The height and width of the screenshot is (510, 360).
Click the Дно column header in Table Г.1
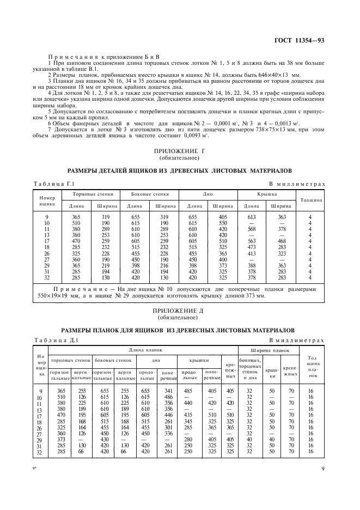coord(209,194)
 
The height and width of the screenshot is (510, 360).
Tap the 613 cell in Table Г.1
coord(251,217)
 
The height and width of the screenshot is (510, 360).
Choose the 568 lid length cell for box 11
coord(251,229)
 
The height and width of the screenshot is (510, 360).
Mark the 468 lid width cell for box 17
coord(282,240)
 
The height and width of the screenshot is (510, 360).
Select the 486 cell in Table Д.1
coord(168,397)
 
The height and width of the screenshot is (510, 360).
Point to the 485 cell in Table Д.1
coord(189,391)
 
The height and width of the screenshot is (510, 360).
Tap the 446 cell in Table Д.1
coord(168,415)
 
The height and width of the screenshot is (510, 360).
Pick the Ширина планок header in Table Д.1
coord(270,350)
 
